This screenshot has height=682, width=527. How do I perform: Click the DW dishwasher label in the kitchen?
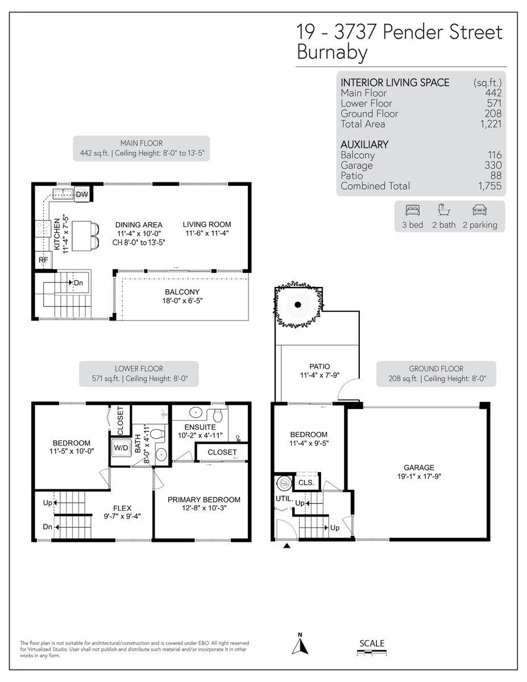(x=82, y=194)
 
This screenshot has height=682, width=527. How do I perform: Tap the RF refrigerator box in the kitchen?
(x=43, y=260)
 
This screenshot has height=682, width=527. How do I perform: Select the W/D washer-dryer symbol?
(x=121, y=448)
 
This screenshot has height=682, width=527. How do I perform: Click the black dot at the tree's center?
(x=298, y=305)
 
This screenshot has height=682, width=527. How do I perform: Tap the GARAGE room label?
(x=419, y=467)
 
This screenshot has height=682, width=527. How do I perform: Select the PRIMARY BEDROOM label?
(x=204, y=500)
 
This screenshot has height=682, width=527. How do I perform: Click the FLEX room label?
(x=122, y=508)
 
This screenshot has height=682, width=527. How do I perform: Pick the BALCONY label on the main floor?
(x=182, y=292)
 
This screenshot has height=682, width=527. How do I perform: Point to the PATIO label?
(x=319, y=366)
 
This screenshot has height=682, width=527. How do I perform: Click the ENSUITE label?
(x=200, y=427)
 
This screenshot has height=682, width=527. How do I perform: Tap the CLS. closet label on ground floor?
(x=306, y=483)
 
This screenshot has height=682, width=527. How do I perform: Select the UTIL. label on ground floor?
(x=284, y=498)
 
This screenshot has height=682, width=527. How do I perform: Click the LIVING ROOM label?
(x=207, y=224)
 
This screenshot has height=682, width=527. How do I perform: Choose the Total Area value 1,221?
(x=491, y=124)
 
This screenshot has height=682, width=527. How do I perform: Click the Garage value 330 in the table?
(x=493, y=165)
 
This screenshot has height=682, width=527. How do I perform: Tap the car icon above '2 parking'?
(x=479, y=210)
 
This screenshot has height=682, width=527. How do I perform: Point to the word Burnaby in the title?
(x=332, y=52)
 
